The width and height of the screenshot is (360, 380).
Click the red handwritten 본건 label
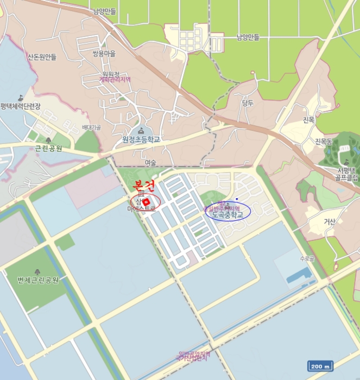click(x=144, y=186)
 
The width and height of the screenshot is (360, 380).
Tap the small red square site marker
click(x=146, y=202)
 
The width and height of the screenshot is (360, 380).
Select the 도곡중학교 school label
click(x=228, y=215)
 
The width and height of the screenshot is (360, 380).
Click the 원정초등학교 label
click(x=141, y=140)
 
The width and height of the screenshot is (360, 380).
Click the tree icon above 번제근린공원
click(x=37, y=271)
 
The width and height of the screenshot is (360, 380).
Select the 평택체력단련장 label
click(x=21, y=106)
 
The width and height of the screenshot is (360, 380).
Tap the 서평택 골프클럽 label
click(x=346, y=173)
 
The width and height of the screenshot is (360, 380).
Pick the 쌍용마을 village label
click(x=104, y=54)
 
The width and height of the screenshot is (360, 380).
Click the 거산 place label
click(x=330, y=221)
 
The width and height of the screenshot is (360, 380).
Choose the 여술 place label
click(x=150, y=163)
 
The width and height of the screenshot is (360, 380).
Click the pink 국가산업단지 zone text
click(x=193, y=358)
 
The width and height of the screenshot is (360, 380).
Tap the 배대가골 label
click(x=91, y=128)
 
